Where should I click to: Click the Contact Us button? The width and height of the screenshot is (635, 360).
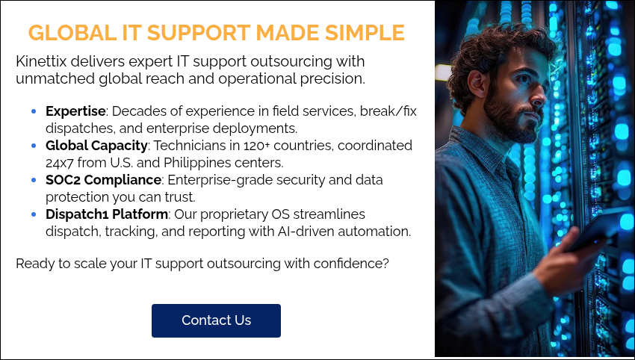pyautogui.click(x=216, y=320)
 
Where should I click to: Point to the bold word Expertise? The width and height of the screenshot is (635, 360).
pyautogui.click(x=75, y=111)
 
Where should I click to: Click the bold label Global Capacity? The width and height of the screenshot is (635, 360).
pyautogui.click(x=96, y=146)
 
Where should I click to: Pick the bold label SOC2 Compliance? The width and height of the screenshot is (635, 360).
pyautogui.click(x=103, y=180)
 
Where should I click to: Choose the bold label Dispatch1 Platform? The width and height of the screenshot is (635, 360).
pyautogui.click(x=107, y=214)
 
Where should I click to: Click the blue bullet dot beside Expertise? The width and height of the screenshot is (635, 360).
pyautogui.click(x=34, y=111)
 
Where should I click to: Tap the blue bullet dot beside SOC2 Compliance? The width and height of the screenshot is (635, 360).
pyautogui.click(x=34, y=180)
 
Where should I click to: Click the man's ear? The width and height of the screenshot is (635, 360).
pyautogui.click(x=479, y=84)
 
